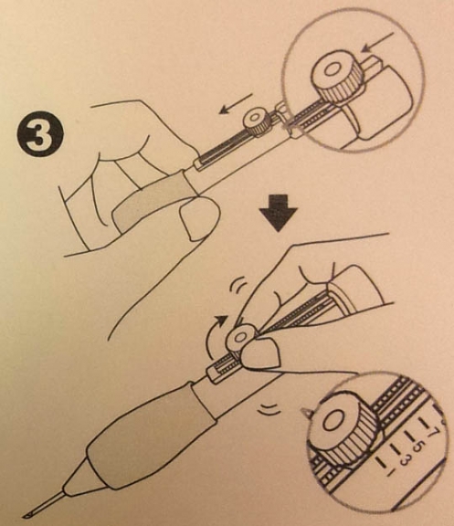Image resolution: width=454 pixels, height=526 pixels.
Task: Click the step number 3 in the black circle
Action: click(40, 139)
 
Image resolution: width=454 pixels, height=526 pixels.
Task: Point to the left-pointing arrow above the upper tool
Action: click(235, 104)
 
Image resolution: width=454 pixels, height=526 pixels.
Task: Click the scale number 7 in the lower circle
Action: click(432, 432)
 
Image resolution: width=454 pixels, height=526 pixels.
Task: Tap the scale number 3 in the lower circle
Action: click(405, 461)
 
